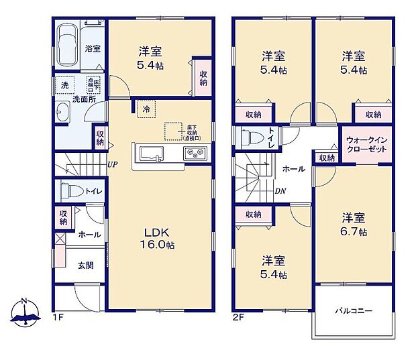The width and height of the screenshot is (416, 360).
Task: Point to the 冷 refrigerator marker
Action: click(x=145, y=108)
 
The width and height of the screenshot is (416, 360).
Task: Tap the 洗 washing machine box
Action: click(x=65, y=86)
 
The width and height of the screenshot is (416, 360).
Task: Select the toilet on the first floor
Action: click(x=70, y=191)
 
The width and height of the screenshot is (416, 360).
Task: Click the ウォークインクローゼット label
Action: click(x=366, y=143)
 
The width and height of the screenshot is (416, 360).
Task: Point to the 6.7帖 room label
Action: click(x=353, y=225)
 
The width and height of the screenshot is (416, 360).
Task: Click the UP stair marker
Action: click(x=112, y=164)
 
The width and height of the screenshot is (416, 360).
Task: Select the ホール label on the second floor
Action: click(x=293, y=169)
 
